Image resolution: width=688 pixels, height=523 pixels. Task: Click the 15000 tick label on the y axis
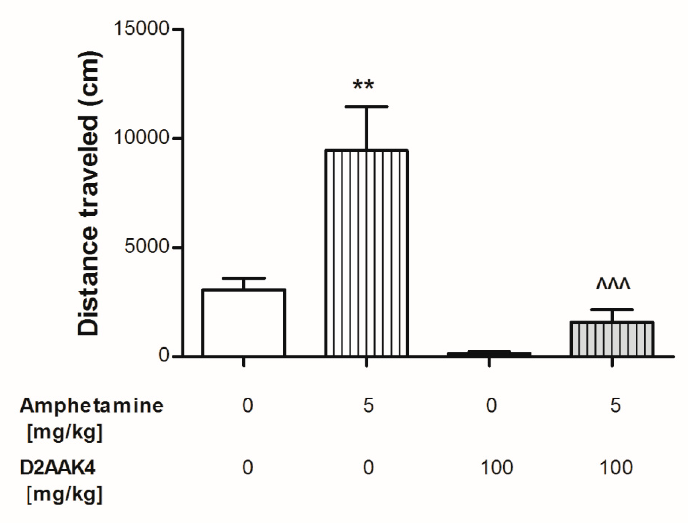click(142, 29)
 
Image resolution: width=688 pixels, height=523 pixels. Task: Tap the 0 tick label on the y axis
click(164, 355)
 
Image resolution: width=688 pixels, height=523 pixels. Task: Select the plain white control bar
click(244, 322)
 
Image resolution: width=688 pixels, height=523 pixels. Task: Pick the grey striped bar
click(612, 339)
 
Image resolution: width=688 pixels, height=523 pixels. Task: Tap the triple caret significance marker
click(613, 284)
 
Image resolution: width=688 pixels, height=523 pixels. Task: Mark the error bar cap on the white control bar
click(244, 278)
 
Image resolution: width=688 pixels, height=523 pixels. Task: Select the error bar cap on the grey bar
click(612, 310)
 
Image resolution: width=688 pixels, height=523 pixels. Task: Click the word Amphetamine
click(91, 406)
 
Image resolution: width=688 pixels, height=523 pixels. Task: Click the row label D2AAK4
click(58, 467)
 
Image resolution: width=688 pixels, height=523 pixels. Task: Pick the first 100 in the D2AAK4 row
click(496, 467)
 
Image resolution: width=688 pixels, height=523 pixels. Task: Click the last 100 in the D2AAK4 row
click(616, 467)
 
